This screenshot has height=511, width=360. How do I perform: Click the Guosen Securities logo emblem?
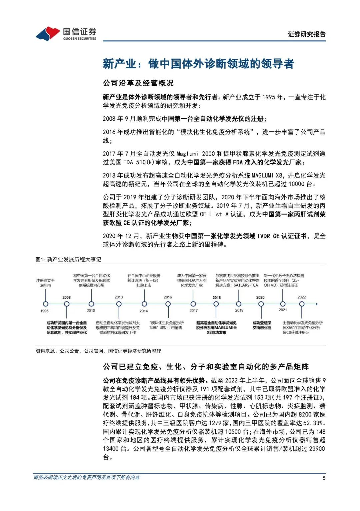point(48,33)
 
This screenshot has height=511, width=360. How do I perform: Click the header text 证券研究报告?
point(306,34)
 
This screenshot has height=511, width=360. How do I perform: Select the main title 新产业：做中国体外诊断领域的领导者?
point(198,64)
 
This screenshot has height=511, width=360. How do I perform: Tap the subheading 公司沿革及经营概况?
point(138,83)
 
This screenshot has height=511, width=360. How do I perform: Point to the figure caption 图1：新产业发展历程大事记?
point(68,259)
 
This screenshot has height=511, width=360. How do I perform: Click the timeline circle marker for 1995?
point(45,304)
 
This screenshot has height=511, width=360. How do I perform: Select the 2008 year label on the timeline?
point(66,297)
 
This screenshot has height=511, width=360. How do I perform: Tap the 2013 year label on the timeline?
point(119,297)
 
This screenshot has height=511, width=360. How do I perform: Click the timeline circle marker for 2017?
point(193,304)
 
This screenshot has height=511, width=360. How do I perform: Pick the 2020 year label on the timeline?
point(260,297)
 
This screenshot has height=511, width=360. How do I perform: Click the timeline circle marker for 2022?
point(302,304)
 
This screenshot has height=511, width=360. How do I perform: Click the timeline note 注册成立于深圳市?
point(45,283)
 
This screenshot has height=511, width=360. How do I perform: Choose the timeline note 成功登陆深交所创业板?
point(262,325)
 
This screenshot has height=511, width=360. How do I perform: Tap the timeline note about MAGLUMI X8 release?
point(216,328)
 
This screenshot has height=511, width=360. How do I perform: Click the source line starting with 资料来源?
point(98,351)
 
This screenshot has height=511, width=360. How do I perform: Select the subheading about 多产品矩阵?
point(206,367)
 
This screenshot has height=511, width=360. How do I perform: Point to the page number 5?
point(324,478)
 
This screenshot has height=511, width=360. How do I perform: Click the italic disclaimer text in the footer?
point(86,477)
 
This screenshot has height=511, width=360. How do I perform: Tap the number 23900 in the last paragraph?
point(317,449)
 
